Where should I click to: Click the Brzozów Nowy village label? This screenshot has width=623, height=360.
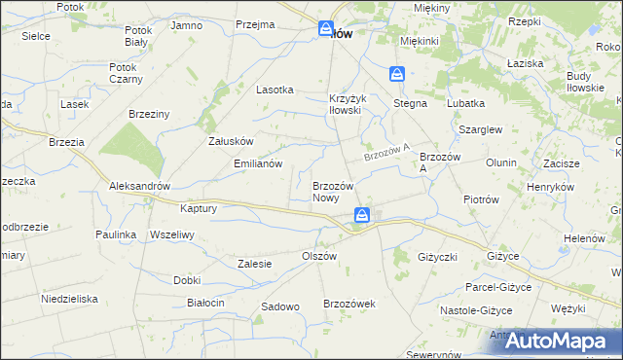tap(338, 191)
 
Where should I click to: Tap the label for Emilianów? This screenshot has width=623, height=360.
tap(258, 163)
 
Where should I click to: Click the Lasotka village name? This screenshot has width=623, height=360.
tap(275, 89)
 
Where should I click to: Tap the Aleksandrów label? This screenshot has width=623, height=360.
tap(140, 186)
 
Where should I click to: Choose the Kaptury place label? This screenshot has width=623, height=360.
tap(198, 208)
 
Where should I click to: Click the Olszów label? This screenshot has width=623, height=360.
tap(318, 255)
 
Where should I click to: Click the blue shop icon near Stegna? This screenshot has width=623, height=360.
tap(397, 74)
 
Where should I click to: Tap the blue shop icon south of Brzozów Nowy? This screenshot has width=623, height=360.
tap(361, 215)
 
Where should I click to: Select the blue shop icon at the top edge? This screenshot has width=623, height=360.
tap(326, 29)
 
